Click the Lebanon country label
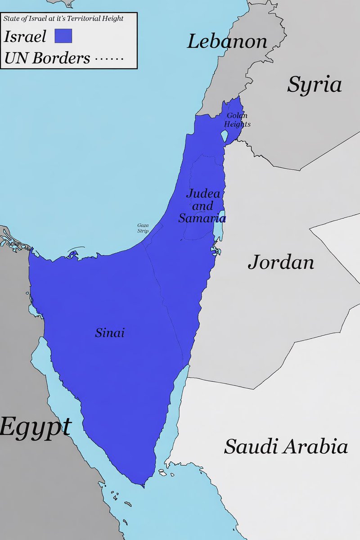point(227,42)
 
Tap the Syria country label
point(315,84)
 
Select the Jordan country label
point(281,262)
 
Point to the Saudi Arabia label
point(286,446)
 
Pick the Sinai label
point(109,333)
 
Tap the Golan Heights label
point(237,120)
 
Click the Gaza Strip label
point(143,228)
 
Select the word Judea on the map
point(203,194)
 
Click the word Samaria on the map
point(202,218)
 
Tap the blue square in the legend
point(63,36)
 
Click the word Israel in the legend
point(25,36)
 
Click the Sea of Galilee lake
point(224,135)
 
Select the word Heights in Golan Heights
point(237,124)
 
